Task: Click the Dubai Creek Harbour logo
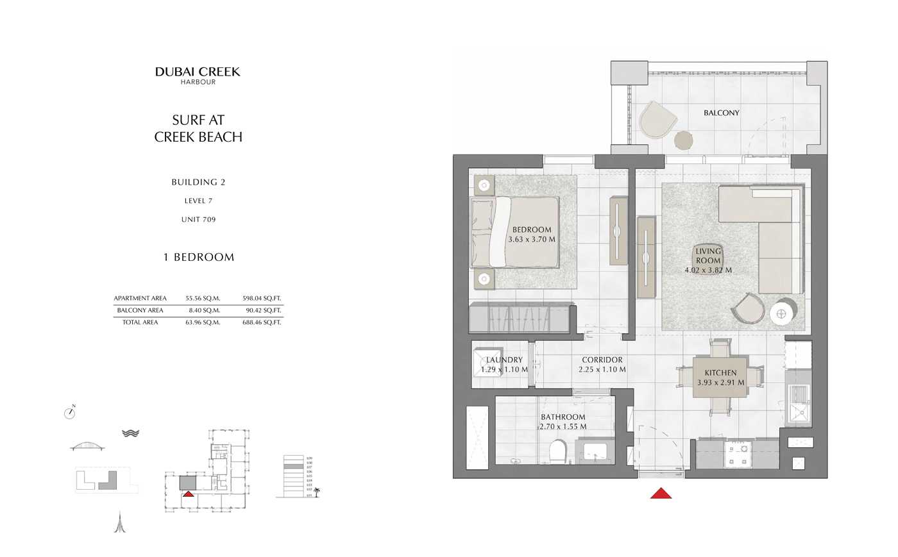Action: coord(198,75)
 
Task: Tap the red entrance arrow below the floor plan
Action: coord(661,493)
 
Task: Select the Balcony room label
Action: coord(721,113)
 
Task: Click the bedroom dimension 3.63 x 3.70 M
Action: coord(532,240)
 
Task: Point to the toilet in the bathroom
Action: coord(558,451)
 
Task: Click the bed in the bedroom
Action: coord(515,232)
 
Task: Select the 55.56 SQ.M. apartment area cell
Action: coord(203,299)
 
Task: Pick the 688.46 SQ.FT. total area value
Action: coord(262,323)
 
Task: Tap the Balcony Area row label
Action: coord(140,311)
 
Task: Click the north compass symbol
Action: coord(70,413)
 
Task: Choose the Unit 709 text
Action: coord(198,220)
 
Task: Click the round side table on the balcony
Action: coord(684,140)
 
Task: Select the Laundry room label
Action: coord(504,360)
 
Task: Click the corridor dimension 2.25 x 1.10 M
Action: coord(602,370)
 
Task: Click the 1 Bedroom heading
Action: coord(198,258)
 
